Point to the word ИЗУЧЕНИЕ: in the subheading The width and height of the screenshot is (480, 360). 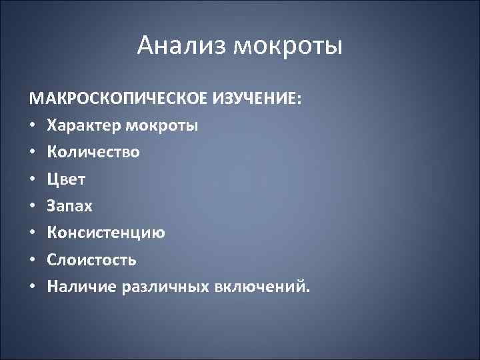(x=256, y=99)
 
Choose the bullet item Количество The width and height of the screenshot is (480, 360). (x=93, y=152)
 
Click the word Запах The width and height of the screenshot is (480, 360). (x=70, y=206)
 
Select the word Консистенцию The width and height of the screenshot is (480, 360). (x=107, y=233)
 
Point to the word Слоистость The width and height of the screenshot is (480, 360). (x=92, y=260)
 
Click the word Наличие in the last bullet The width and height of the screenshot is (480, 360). (x=82, y=287)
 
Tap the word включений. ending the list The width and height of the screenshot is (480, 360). (x=263, y=287)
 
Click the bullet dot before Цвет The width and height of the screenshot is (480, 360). (x=33, y=179)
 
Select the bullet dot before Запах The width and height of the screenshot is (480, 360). (x=33, y=206)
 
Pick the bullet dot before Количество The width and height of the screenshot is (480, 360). (x=33, y=153)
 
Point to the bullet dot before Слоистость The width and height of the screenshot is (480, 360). (x=33, y=260)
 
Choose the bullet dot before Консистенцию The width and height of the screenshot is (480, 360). (x=33, y=233)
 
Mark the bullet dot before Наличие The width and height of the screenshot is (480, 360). (x=33, y=287)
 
